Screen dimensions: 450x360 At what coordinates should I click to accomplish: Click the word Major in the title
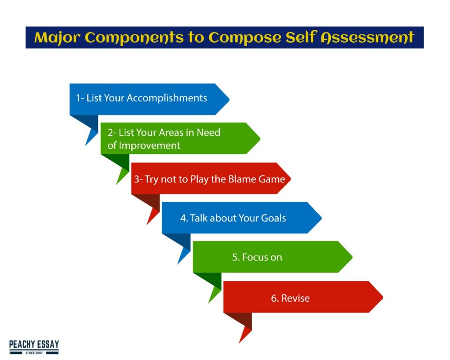[57, 38]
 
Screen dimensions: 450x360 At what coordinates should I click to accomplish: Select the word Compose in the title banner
[245, 38]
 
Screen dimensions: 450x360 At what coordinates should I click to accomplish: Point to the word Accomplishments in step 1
[167, 98]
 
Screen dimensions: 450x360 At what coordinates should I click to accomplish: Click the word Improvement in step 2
[149, 146]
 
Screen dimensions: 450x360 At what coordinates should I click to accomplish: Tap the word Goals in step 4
[273, 218]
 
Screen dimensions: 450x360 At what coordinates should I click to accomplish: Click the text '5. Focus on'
[257, 257]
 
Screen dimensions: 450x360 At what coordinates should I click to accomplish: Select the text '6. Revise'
[290, 298]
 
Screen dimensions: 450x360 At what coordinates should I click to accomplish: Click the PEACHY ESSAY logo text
[34, 345]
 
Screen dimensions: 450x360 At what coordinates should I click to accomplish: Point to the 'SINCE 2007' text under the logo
[34, 353]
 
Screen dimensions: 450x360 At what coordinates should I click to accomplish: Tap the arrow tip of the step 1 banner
[229, 99]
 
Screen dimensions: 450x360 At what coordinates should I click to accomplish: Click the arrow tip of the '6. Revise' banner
[383, 297]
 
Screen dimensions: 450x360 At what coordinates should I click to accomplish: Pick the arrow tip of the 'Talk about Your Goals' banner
[321, 218]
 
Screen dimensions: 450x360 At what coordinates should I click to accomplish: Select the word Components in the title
[134, 38]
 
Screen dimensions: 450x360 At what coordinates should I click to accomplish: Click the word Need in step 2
[209, 133]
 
